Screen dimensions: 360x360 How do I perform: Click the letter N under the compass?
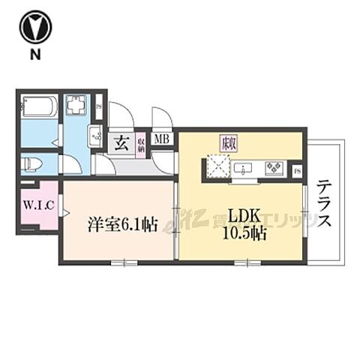tap(33, 55)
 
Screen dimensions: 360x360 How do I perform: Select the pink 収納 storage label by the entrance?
tap(140, 143)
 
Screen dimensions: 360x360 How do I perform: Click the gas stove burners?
tap(272, 167)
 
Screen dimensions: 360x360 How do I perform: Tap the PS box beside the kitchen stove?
tap(297, 169)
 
